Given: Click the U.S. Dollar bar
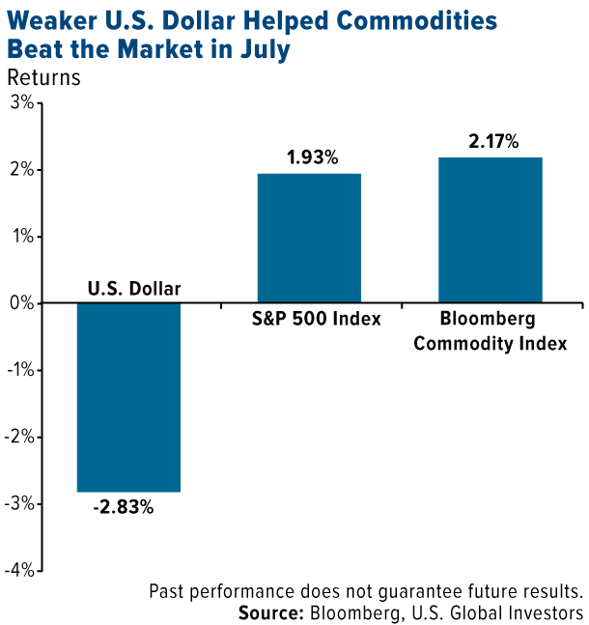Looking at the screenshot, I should click(129, 397).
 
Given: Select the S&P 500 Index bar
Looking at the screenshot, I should click(310, 239).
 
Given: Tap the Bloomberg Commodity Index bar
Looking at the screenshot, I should click(491, 230).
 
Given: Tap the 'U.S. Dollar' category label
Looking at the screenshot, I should click(134, 287).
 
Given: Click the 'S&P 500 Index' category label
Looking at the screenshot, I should click(310, 320).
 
